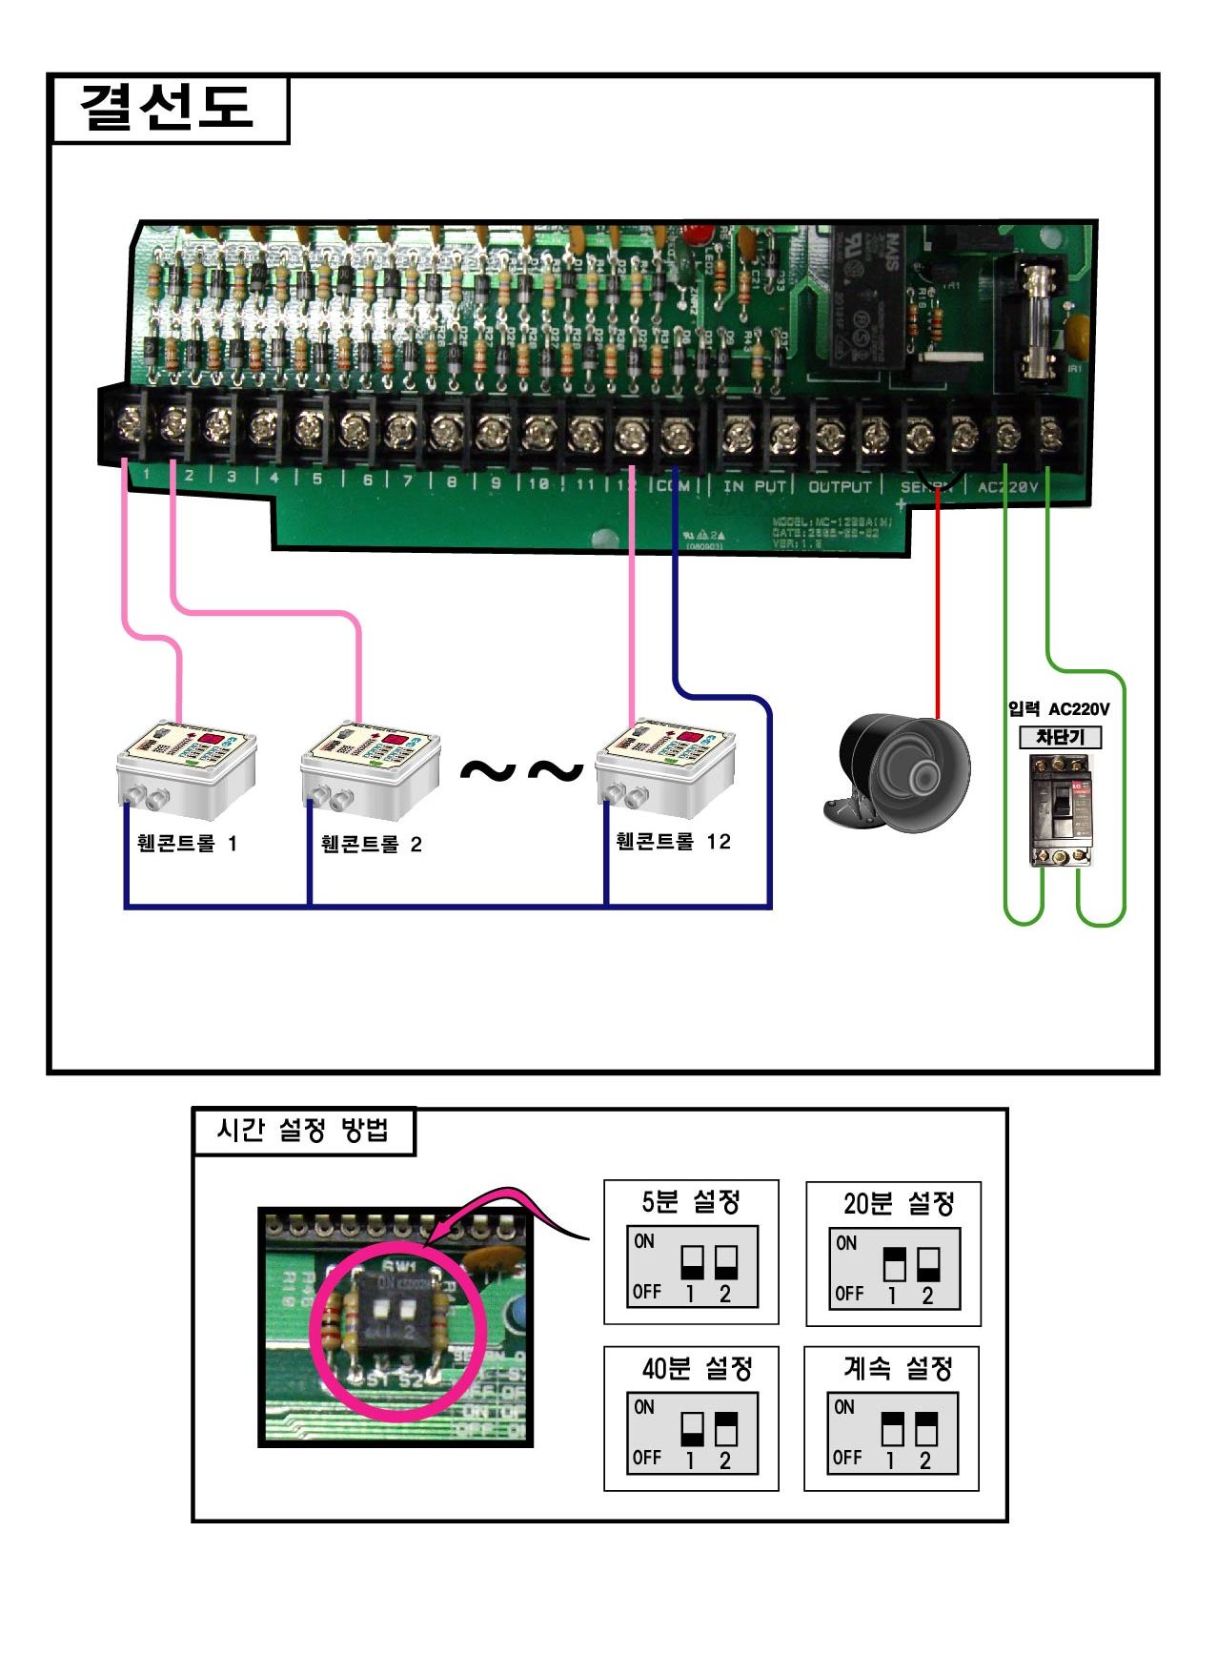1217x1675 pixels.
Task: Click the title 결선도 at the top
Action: [167, 107]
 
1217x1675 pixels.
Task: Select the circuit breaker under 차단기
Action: [1061, 810]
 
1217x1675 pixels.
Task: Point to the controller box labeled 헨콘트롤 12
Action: [665, 770]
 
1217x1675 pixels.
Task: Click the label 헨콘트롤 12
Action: [673, 842]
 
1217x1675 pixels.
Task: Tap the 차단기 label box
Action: [1061, 737]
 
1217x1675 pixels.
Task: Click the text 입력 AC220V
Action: [1059, 709]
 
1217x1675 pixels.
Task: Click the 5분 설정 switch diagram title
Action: [691, 1201]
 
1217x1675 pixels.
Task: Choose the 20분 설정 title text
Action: [898, 1204]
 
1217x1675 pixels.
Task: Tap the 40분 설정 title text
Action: [697, 1369]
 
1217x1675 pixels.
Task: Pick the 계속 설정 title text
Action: [898, 1369]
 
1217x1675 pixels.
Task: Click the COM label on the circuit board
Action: [673, 486]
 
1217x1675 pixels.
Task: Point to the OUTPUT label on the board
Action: [840, 486]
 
